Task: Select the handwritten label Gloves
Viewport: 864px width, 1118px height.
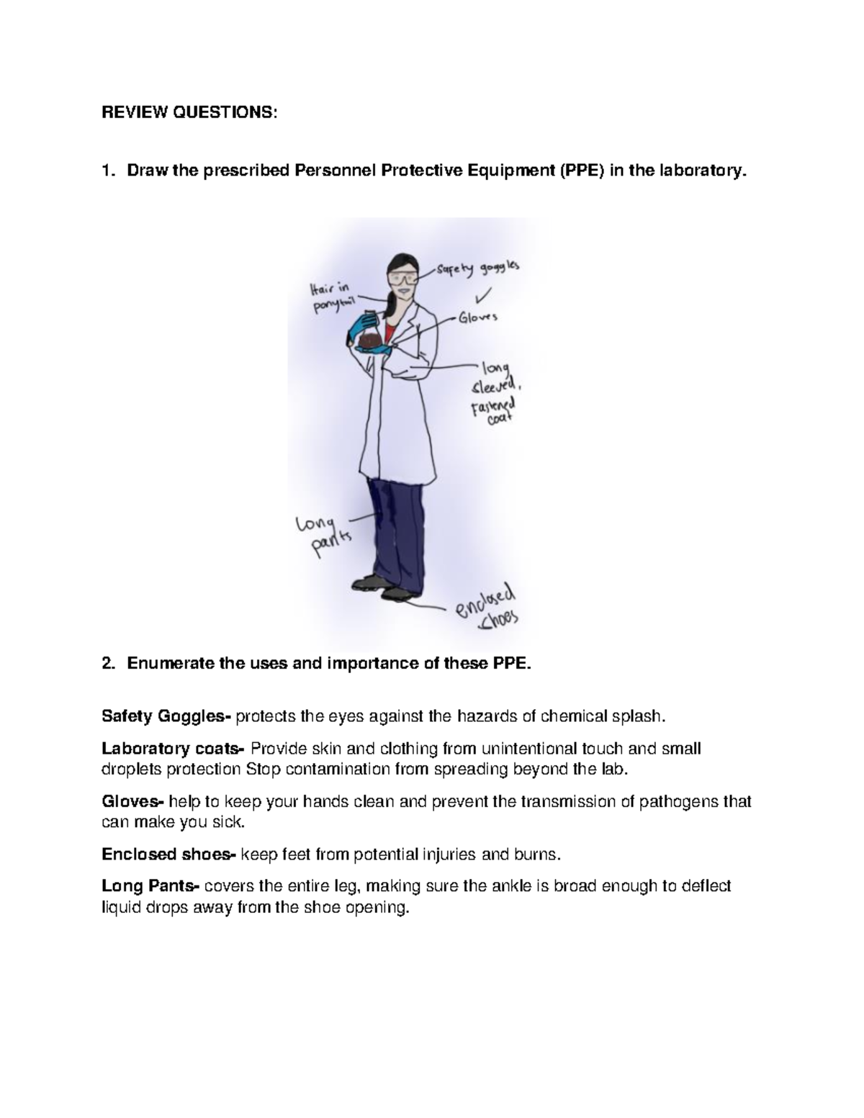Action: click(478, 317)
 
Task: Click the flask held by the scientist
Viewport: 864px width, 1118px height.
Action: click(371, 334)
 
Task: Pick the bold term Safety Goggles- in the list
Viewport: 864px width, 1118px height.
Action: click(166, 716)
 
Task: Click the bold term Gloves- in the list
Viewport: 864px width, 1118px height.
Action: click(133, 801)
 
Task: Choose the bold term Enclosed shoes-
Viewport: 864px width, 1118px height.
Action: click(168, 855)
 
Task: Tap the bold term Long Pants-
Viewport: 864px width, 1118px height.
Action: click(153, 886)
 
